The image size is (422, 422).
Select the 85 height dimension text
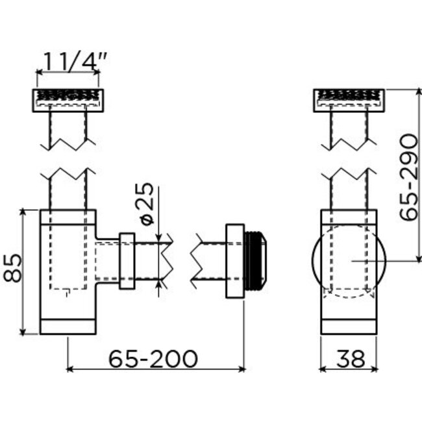(14, 267)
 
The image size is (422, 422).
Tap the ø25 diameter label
(147, 203)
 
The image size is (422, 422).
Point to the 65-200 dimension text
(153, 358)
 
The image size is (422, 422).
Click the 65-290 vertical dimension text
(408, 177)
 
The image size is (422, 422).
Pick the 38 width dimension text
(349, 358)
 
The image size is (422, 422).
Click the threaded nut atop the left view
(68, 100)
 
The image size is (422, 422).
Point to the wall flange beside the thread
(234, 260)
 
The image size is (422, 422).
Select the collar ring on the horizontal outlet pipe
(127, 260)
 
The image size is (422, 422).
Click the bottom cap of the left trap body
(68, 326)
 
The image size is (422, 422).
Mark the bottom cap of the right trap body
(349, 326)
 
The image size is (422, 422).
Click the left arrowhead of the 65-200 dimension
(71, 369)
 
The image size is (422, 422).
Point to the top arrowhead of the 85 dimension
(24, 213)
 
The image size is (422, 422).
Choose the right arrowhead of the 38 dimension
(373, 369)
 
